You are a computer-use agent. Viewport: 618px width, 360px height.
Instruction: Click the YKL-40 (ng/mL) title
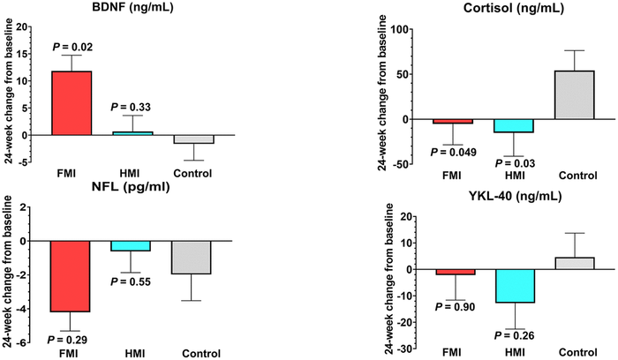pos(516,197)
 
